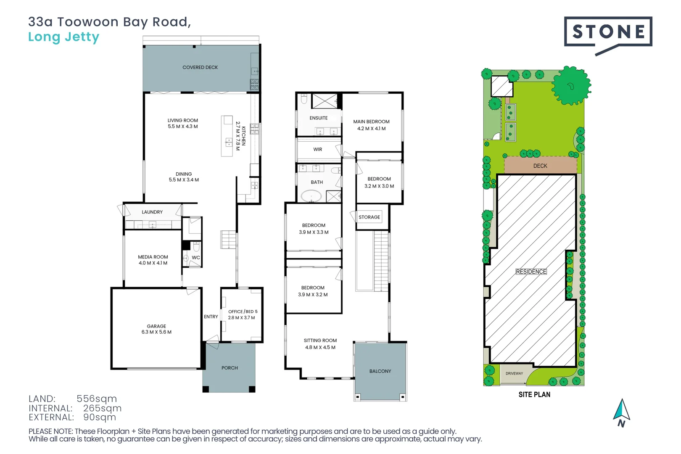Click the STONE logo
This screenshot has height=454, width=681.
click(x=608, y=32)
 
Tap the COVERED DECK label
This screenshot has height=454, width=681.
click(x=200, y=67)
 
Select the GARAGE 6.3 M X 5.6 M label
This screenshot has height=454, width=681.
click(x=156, y=329)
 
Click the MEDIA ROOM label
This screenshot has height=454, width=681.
click(x=153, y=257)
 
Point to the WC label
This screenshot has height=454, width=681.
click(x=196, y=258)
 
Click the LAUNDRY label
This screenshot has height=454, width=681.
click(x=152, y=212)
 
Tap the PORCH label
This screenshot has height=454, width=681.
click(x=230, y=368)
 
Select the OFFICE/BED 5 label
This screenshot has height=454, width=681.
click(x=243, y=312)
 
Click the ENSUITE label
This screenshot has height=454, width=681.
click(x=319, y=118)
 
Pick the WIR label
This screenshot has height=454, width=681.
click(x=318, y=150)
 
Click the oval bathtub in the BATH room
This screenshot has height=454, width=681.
click(x=311, y=196)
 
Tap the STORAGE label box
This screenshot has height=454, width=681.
click(x=369, y=217)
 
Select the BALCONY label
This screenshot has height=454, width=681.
click(x=380, y=371)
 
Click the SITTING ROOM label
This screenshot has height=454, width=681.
click(x=320, y=340)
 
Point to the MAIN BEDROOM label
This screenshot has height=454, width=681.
click(x=371, y=122)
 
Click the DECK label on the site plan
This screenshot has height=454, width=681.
click(x=540, y=166)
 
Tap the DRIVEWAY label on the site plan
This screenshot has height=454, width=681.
click(x=514, y=373)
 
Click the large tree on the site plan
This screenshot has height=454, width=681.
click(x=570, y=86)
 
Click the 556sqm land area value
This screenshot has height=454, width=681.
click(x=97, y=399)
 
